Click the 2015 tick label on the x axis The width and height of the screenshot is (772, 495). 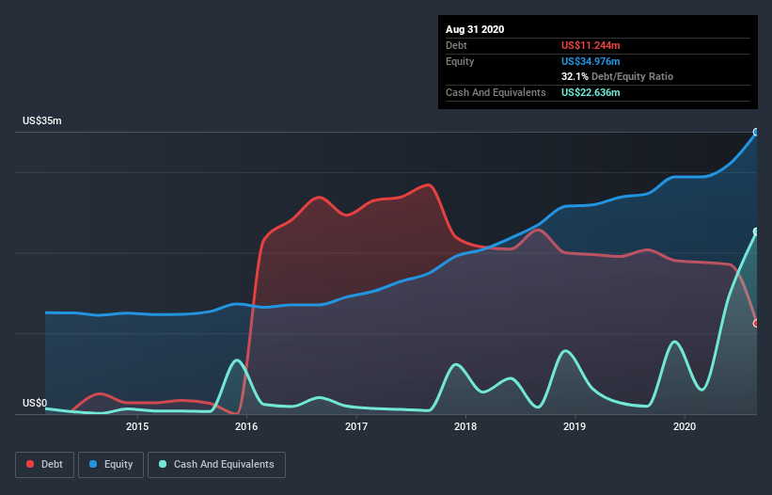tap(137, 426)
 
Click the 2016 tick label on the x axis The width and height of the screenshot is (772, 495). tap(246, 426)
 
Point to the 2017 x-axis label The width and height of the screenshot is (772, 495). tap(356, 426)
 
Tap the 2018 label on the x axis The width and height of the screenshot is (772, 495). tap(465, 426)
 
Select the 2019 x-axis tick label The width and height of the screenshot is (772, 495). tap(575, 426)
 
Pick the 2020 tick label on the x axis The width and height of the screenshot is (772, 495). tap(685, 426)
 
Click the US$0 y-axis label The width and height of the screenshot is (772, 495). tap(35, 404)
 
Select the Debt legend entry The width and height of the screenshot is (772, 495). tap(45, 464)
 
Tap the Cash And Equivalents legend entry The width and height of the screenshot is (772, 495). tap(216, 464)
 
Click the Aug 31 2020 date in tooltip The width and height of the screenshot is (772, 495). tap(475, 29)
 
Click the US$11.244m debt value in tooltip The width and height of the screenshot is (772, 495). tap(591, 45)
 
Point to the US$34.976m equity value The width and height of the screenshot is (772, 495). tap(591, 61)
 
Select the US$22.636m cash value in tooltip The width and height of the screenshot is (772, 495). tap(591, 92)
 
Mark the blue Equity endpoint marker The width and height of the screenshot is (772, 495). tap(756, 133)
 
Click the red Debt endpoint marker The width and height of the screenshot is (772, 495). tap(756, 324)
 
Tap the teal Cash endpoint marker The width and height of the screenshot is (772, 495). tap(756, 232)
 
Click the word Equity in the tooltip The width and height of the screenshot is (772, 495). tap(460, 61)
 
